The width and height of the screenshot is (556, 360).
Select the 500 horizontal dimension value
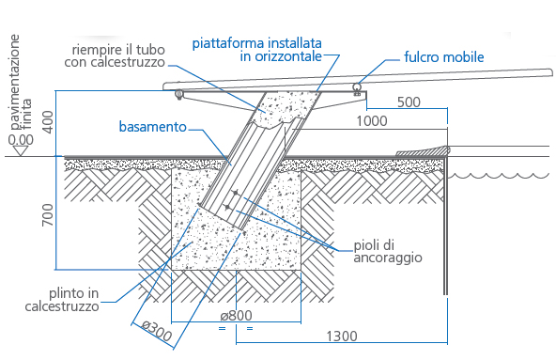409,102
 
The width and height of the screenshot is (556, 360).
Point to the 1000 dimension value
373,121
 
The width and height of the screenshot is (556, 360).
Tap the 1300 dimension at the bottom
343,335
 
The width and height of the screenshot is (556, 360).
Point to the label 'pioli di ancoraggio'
388,251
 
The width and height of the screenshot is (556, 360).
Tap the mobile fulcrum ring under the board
357,88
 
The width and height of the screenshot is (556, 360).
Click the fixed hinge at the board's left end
178,93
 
